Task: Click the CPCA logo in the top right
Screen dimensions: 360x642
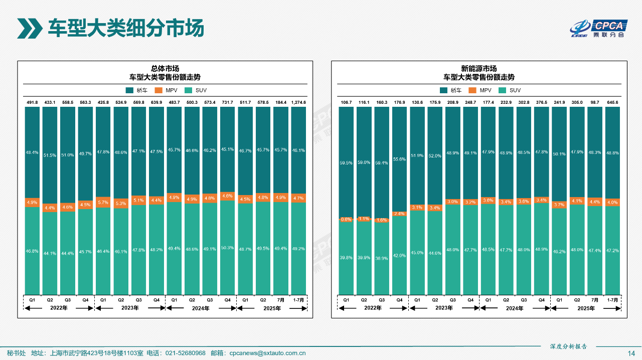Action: [x=599, y=29]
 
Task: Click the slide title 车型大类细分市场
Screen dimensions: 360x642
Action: [x=125, y=28]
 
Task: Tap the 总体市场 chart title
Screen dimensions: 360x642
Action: [x=165, y=69]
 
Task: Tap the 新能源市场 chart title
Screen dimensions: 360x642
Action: [x=478, y=69]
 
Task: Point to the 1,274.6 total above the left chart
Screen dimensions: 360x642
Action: [x=298, y=102]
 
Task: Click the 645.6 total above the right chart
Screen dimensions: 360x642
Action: [x=612, y=102]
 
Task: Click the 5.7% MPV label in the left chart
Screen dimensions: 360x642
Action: [x=103, y=203]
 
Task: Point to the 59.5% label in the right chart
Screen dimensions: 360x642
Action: [x=346, y=162]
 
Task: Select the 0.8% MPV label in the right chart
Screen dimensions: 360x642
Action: [x=346, y=219]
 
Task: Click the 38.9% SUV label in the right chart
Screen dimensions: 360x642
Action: [x=382, y=258]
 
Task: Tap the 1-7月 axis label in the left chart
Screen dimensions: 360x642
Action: [x=298, y=300]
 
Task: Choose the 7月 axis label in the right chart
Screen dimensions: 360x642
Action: [x=594, y=300]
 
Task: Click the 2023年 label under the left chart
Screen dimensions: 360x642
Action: [x=130, y=308]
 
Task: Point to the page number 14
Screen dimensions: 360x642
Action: [x=631, y=353]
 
